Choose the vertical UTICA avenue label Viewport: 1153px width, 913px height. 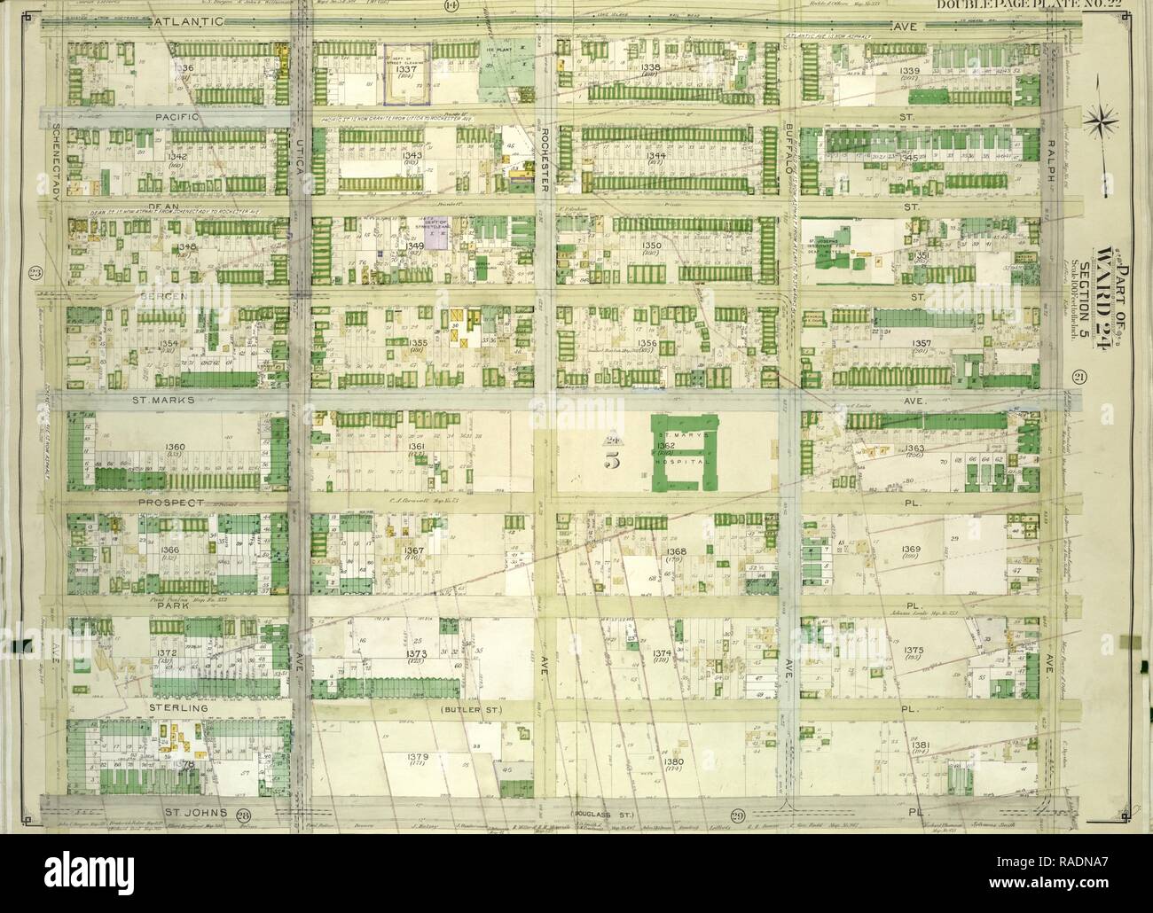300,157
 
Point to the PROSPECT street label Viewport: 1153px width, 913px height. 171,503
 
